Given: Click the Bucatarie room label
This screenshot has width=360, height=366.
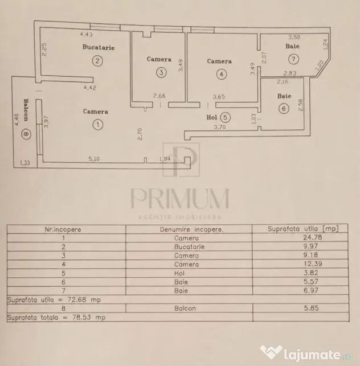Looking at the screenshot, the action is click(x=99, y=47).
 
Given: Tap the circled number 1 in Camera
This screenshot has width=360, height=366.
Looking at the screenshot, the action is click(x=97, y=125).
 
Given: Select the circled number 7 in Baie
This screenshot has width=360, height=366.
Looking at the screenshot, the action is click(x=293, y=59).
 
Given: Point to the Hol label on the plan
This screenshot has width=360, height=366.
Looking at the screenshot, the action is click(x=212, y=117).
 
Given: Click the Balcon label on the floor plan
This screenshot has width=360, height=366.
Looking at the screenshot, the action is click(x=26, y=110).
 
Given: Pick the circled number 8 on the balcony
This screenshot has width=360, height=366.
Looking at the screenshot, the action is click(x=26, y=134).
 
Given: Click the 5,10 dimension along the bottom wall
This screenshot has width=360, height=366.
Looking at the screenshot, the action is click(x=94, y=159).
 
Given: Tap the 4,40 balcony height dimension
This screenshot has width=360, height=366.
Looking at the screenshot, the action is click(x=17, y=120).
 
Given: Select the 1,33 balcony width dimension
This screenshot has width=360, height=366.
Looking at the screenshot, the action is click(x=24, y=163).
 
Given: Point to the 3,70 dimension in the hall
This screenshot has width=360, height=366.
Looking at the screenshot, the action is click(x=220, y=127).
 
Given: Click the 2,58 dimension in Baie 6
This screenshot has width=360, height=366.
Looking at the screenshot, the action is click(x=301, y=105).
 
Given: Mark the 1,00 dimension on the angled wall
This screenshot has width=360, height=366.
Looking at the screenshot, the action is click(x=320, y=65).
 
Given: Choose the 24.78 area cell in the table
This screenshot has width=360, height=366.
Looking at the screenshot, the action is click(x=312, y=237).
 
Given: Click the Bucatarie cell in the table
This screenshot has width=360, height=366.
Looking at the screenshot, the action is click(x=189, y=246).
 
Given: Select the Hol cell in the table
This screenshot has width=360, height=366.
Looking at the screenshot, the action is click(x=179, y=273).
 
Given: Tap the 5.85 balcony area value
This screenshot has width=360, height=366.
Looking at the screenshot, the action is click(x=311, y=308).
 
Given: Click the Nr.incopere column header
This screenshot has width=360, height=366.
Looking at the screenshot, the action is click(x=63, y=229).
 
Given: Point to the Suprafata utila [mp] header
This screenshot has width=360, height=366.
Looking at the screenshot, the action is click(x=303, y=229).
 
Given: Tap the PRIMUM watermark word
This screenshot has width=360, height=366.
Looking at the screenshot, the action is click(x=179, y=199).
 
